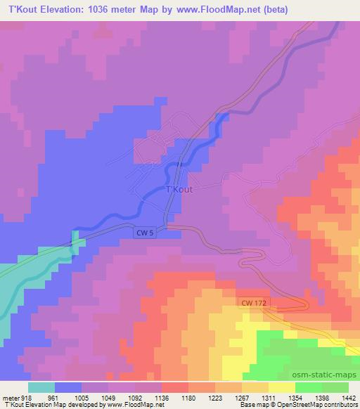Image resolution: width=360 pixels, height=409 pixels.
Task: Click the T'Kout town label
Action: (178, 189)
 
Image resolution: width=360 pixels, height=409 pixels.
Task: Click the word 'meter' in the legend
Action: (11, 397)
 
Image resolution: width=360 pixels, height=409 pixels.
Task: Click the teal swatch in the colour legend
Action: (41, 387)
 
